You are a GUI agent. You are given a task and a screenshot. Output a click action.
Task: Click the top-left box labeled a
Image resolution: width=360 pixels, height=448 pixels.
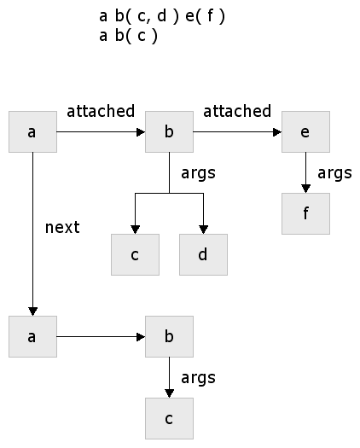coord(33,131)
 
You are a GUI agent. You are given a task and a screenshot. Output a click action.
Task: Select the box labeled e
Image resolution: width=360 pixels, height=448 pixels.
coord(305,131)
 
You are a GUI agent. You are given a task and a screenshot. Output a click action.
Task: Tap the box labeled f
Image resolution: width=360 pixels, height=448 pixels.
coord(305,213)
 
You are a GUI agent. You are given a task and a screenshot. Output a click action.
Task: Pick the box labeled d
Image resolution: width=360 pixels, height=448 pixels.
coord(203,254)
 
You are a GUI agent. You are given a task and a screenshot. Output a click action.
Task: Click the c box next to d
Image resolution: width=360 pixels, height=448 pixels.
coord(135,254)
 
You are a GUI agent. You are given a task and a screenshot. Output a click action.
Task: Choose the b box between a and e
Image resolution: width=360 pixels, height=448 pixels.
coord(169,131)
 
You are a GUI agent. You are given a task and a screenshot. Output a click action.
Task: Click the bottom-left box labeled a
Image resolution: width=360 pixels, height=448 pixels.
coord(33,336)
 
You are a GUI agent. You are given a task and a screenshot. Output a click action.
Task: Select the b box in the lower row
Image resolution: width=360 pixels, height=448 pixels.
coord(169,336)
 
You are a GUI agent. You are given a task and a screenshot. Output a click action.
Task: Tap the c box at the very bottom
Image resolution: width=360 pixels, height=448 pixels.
coord(169,419)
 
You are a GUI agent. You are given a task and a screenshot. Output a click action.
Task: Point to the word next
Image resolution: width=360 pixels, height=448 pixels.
coord(62,228)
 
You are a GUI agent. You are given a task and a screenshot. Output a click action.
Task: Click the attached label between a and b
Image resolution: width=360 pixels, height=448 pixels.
coord(101,111)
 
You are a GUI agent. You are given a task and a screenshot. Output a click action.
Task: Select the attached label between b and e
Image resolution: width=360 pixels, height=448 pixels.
coord(237,111)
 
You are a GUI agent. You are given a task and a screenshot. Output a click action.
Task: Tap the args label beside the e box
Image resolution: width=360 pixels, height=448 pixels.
coord(334,173)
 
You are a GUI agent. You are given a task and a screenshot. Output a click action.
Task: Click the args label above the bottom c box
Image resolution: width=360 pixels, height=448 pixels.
coord(198,378)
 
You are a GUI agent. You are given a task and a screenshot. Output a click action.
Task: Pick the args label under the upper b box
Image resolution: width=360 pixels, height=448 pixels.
coord(198,173)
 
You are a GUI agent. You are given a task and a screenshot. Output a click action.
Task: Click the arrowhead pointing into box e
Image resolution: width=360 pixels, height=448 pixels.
coord(277,132)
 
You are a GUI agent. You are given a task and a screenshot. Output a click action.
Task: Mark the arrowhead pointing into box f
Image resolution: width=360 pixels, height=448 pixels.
coord(305,189)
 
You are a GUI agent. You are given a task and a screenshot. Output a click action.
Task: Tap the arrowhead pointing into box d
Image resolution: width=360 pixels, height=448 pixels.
coord(203,230)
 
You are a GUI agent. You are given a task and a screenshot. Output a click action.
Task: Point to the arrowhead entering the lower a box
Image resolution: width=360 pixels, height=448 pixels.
coord(33,311)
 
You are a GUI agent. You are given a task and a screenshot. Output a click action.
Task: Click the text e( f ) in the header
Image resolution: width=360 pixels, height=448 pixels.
coord(205,16)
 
